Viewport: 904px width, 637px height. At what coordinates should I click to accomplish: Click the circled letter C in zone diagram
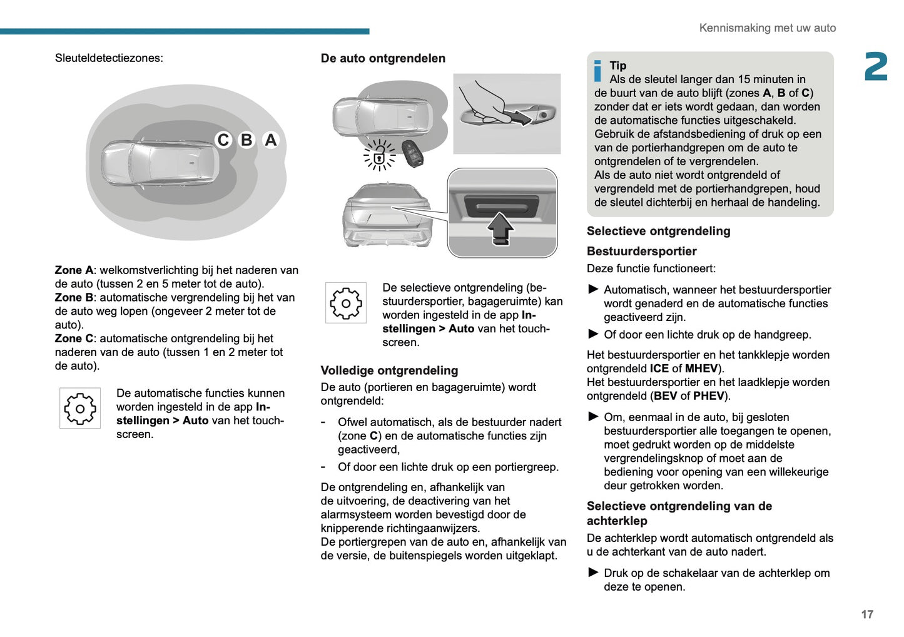(223, 140)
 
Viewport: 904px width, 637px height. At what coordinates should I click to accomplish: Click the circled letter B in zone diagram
(246, 140)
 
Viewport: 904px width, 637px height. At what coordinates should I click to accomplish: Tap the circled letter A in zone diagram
(270, 140)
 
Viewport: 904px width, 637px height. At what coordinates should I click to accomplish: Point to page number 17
(866, 614)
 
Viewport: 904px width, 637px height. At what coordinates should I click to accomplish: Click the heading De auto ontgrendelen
(383, 58)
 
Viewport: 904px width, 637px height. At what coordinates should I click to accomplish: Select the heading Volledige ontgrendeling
(389, 370)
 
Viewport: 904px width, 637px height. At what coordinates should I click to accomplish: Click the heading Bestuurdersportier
(641, 251)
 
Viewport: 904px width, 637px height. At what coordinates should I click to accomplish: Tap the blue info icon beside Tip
(597, 71)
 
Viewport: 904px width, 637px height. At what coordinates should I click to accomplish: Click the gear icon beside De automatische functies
(80, 409)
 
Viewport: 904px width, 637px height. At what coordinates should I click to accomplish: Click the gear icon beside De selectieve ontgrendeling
(345, 303)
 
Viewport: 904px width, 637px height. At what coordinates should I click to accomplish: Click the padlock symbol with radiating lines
(379, 155)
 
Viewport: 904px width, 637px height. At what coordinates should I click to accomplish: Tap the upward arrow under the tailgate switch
(500, 228)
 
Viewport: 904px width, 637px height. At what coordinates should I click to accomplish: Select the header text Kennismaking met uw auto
(767, 28)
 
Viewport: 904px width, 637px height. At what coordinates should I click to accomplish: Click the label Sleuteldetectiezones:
(109, 58)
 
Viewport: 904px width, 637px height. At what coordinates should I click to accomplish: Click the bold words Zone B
(74, 298)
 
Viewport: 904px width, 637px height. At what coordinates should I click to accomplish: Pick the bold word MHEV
(701, 369)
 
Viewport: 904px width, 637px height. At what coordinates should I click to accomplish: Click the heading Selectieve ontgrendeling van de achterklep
(679, 513)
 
